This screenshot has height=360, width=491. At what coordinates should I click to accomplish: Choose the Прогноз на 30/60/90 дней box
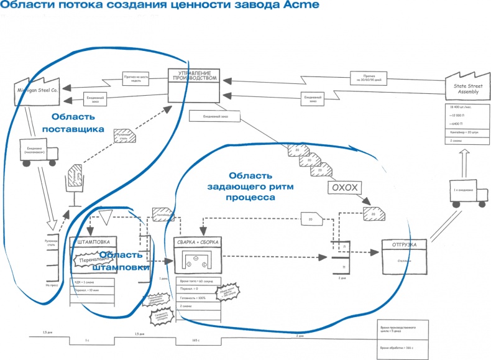coord(367,78)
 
